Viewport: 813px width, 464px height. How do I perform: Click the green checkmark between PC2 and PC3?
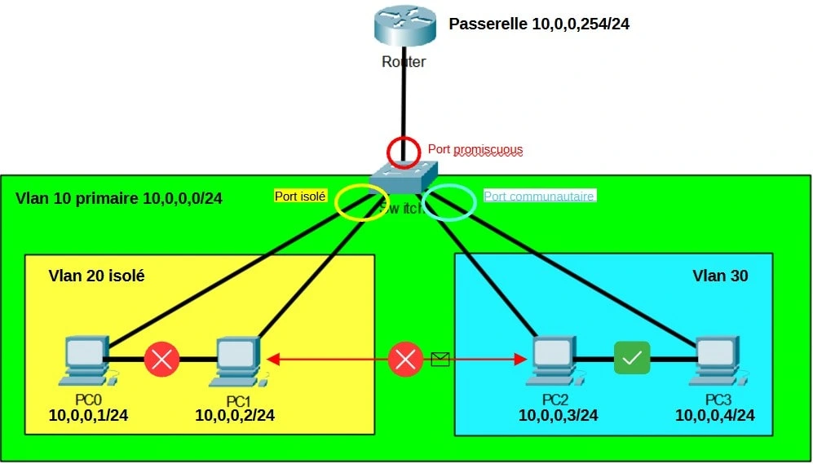(632, 358)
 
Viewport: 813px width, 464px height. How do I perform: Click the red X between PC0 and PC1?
(161, 359)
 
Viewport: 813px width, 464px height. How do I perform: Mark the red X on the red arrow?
(404, 359)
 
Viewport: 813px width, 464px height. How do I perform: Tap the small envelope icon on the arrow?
(440, 358)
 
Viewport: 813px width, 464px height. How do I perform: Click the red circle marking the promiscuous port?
(403, 152)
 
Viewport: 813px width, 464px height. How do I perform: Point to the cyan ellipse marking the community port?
(450, 202)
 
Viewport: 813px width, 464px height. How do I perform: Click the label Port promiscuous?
(475, 150)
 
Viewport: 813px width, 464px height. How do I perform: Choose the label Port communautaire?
(540, 196)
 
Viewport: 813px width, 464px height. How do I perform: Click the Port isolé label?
(300, 196)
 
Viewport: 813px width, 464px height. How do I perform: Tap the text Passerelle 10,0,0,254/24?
(539, 24)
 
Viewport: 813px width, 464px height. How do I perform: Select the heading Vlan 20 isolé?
(96, 276)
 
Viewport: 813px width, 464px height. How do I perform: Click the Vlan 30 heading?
(720, 276)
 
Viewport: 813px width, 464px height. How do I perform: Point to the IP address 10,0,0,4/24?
(714, 416)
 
